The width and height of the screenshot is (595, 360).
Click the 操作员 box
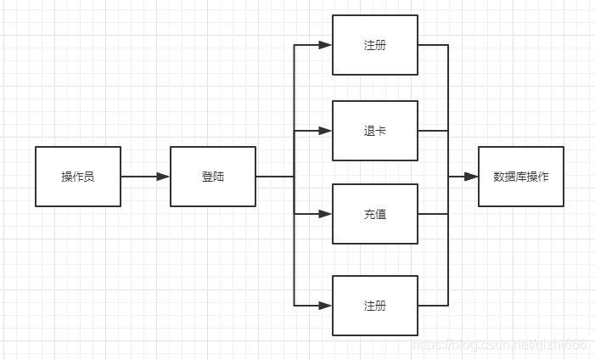78,177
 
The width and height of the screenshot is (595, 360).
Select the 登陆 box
213,177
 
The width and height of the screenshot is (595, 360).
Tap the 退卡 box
375,131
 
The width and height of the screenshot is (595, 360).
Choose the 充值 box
375,214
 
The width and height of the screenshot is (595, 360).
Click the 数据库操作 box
521,177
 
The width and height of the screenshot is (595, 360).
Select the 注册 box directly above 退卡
375,45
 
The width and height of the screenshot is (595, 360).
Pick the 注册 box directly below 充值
375,306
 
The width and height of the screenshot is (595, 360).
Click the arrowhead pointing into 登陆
163,177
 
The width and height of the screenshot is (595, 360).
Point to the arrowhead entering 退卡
325,131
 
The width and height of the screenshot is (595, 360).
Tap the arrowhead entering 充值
325,214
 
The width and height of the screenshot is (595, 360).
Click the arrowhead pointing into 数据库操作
471,177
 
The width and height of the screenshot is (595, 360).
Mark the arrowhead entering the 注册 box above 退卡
325,45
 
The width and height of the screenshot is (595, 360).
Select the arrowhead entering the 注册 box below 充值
325,306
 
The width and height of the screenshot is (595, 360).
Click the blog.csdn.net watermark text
500,345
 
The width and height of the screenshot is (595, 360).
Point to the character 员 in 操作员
89,177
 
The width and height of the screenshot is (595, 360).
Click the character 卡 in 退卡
381,131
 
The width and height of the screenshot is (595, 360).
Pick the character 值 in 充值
381,215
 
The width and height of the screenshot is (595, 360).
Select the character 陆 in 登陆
219,177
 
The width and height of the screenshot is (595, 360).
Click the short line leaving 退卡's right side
433,131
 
